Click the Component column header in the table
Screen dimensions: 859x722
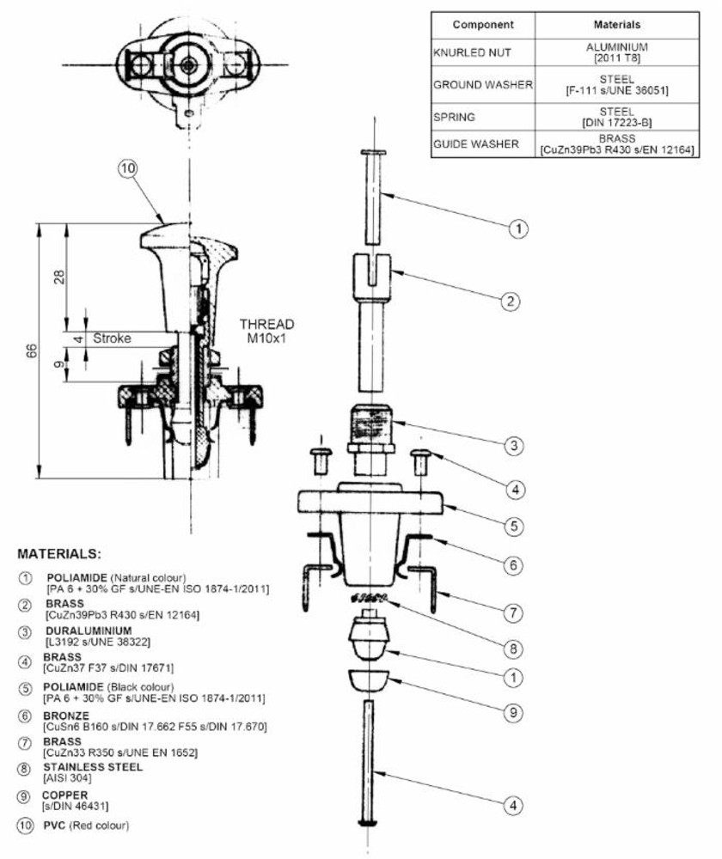click(483, 25)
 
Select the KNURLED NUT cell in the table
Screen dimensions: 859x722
click(472, 53)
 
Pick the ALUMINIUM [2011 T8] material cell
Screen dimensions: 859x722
click(617, 52)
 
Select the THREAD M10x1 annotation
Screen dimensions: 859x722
click(266, 332)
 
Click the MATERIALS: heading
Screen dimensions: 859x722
click(59, 553)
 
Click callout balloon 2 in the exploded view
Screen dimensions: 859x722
click(511, 301)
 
